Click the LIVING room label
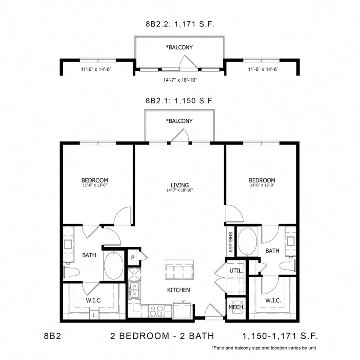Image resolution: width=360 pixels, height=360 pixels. [180, 185]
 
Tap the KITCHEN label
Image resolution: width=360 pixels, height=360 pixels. [179, 290]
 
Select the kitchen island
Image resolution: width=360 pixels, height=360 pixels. [179, 270]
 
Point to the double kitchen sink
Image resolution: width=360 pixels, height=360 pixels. [134, 290]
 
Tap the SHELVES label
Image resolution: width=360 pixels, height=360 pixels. [231, 242]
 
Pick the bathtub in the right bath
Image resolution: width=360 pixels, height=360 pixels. [248, 241]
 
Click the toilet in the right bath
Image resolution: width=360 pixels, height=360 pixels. [287, 266]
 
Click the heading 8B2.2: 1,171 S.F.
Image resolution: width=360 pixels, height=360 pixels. [180, 24]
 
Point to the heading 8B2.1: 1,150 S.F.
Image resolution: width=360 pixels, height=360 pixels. [180, 101]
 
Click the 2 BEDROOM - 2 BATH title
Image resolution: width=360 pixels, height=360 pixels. [162, 336]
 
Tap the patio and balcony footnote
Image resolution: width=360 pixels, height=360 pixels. [264, 348]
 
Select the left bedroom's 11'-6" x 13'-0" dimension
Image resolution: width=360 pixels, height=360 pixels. [95, 185]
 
